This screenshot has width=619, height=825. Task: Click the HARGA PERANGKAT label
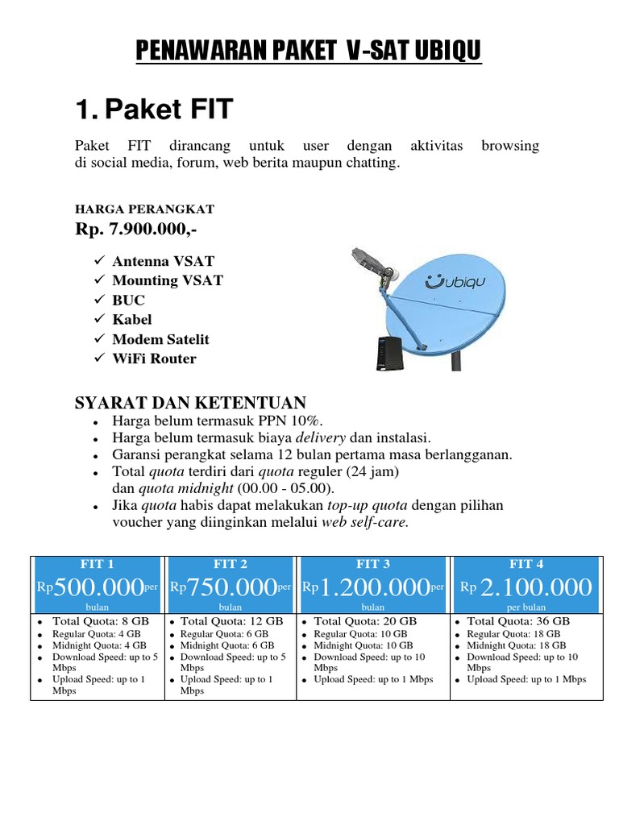click(x=144, y=209)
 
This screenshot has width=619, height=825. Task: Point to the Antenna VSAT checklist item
click(x=164, y=261)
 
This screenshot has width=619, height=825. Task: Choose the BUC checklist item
click(x=129, y=300)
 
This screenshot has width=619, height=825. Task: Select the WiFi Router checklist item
click(x=154, y=359)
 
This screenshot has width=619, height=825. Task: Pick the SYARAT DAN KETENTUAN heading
click(x=190, y=402)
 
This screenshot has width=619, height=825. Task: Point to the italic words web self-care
click(x=365, y=522)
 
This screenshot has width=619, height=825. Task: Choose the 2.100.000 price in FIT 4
click(x=535, y=587)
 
